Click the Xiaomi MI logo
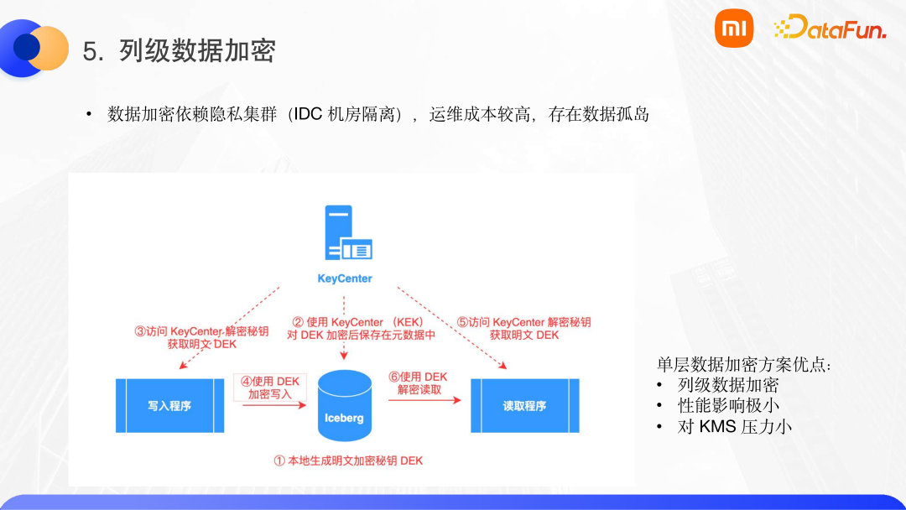pyautogui.click(x=734, y=29)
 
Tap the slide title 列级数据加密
pyautogui.click(x=198, y=52)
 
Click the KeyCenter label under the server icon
pyautogui.click(x=344, y=278)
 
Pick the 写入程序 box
pyautogui.click(x=170, y=405)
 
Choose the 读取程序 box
pyautogui.click(x=524, y=405)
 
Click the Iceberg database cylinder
pyautogui.click(x=345, y=406)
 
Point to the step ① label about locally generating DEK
pyautogui.click(x=348, y=461)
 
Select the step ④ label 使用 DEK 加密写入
pyautogui.click(x=270, y=388)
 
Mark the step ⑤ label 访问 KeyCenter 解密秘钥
pyautogui.click(x=524, y=328)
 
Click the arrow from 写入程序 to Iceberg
pyautogui.click(x=273, y=405)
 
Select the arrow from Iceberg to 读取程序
pyautogui.click(x=424, y=400)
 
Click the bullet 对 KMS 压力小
pyautogui.click(x=735, y=427)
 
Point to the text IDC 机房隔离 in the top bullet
pyautogui.click(x=345, y=115)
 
